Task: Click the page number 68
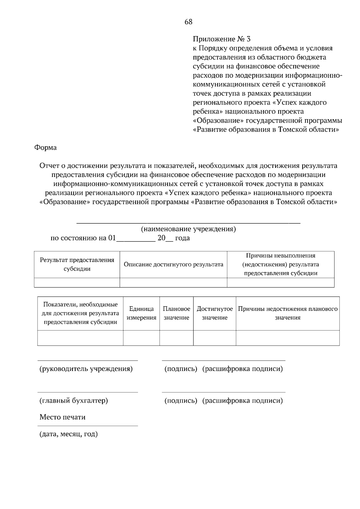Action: pyautogui.click(x=188, y=22)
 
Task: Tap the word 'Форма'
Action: pyautogui.click(x=45, y=147)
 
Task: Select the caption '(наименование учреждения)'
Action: pyautogui.click(x=188, y=229)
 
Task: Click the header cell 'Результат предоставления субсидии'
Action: pyautogui.click(x=77, y=264)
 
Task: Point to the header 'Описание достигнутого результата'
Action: pyautogui.click(x=173, y=264)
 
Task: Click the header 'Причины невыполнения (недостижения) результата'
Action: pyautogui.click(x=280, y=264)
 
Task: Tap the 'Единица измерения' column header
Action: pyautogui.click(x=141, y=313)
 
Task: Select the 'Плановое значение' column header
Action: pyautogui.click(x=176, y=313)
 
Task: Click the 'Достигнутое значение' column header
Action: pyautogui.click(x=214, y=313)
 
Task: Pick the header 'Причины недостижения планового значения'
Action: pyautogui.click(x=288, y=313)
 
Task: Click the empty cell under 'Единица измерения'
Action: pyautogui.click(x=141, y=338)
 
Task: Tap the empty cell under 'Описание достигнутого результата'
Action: pyautogui.click(x=173, y=282)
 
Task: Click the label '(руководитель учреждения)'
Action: pyautogui.click(x=86, y=369)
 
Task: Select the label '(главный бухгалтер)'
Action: pyautogui.click(x=74, y=400)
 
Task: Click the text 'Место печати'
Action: pyautogui.click(x=62, y=417)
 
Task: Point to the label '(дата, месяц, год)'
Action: pyautogui.click(x=69, y=434)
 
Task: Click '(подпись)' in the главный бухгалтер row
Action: pyautogui.click(x=181, y=400)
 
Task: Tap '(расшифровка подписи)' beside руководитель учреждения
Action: pyautogui.click(x=242, y=369)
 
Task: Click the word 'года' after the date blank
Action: pyautogui.click(x=182, y=238)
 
